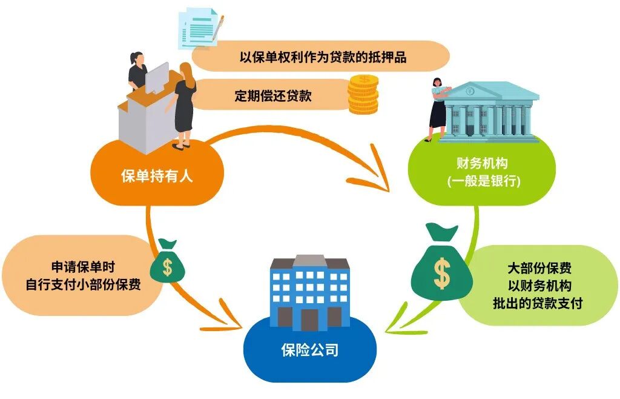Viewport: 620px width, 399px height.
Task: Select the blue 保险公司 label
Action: (x=309, y=350)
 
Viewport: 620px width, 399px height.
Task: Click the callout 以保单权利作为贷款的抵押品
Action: (x=321, y=57)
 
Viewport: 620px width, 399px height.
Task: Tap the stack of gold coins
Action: (x=363, y=94)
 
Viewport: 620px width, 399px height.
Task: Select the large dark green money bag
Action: (x=441, y=266)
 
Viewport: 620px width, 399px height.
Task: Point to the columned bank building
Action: (x=491, y=112)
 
